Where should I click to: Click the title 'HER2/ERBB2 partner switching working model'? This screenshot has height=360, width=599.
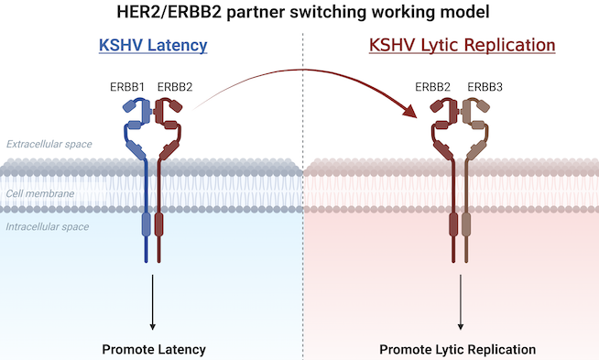(300, 13)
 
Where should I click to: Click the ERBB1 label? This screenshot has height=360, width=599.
(128, 87)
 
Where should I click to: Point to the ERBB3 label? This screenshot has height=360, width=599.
(485, 87)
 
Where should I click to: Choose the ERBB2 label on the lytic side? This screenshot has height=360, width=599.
(433, 87)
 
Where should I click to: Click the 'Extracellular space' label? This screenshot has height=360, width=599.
(48, 145)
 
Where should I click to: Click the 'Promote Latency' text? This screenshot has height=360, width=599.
(154, 349)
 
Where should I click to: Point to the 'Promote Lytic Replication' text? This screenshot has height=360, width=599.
(458, 349)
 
